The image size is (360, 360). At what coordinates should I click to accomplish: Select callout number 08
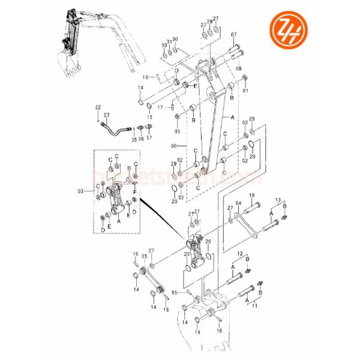tap(239, 69)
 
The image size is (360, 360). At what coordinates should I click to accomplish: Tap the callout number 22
tap(98, 106)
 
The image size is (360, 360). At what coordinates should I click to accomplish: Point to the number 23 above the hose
tap(106, 114)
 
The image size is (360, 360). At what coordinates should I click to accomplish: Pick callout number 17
tap(161, 107)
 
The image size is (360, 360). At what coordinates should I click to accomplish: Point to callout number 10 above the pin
tap(252, 196)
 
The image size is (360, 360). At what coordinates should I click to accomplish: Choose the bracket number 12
tap(240, 254)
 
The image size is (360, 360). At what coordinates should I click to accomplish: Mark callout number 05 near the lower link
tap(144, 256)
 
